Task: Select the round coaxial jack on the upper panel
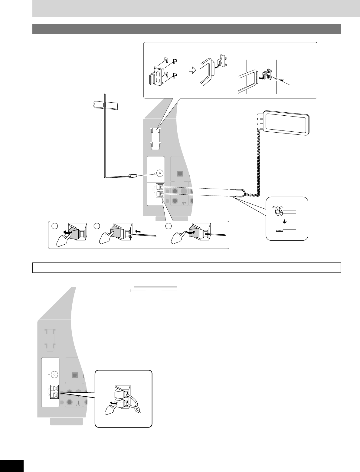point(160,173)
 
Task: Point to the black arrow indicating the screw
point(286,83)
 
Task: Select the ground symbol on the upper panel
point(184,202)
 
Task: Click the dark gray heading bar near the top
point(186,29)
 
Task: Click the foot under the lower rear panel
point(66,421)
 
